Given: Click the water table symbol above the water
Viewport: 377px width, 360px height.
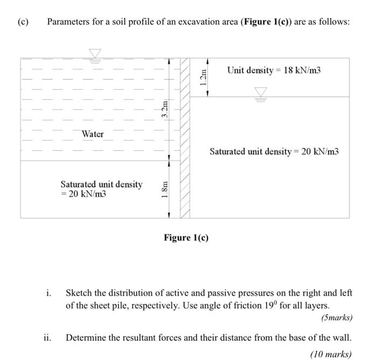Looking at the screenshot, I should pos(95,53).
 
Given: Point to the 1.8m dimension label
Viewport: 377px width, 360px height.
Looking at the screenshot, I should pos(166,190).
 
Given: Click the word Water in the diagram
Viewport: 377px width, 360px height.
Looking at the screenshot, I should pos(93,134).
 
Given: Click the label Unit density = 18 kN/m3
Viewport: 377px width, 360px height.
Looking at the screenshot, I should pos(274,70).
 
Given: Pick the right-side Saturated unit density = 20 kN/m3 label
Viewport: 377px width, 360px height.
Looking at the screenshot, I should pos(274,151).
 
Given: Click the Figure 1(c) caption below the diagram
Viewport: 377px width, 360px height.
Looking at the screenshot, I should pos(186,238).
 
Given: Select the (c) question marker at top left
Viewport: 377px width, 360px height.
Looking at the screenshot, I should pos(22,22).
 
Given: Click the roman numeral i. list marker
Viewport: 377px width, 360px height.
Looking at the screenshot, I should pos(49,293).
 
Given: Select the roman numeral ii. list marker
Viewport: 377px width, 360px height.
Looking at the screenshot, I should pos(48,338).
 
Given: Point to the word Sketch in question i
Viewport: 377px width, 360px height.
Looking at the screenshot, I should pos(79,293).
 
